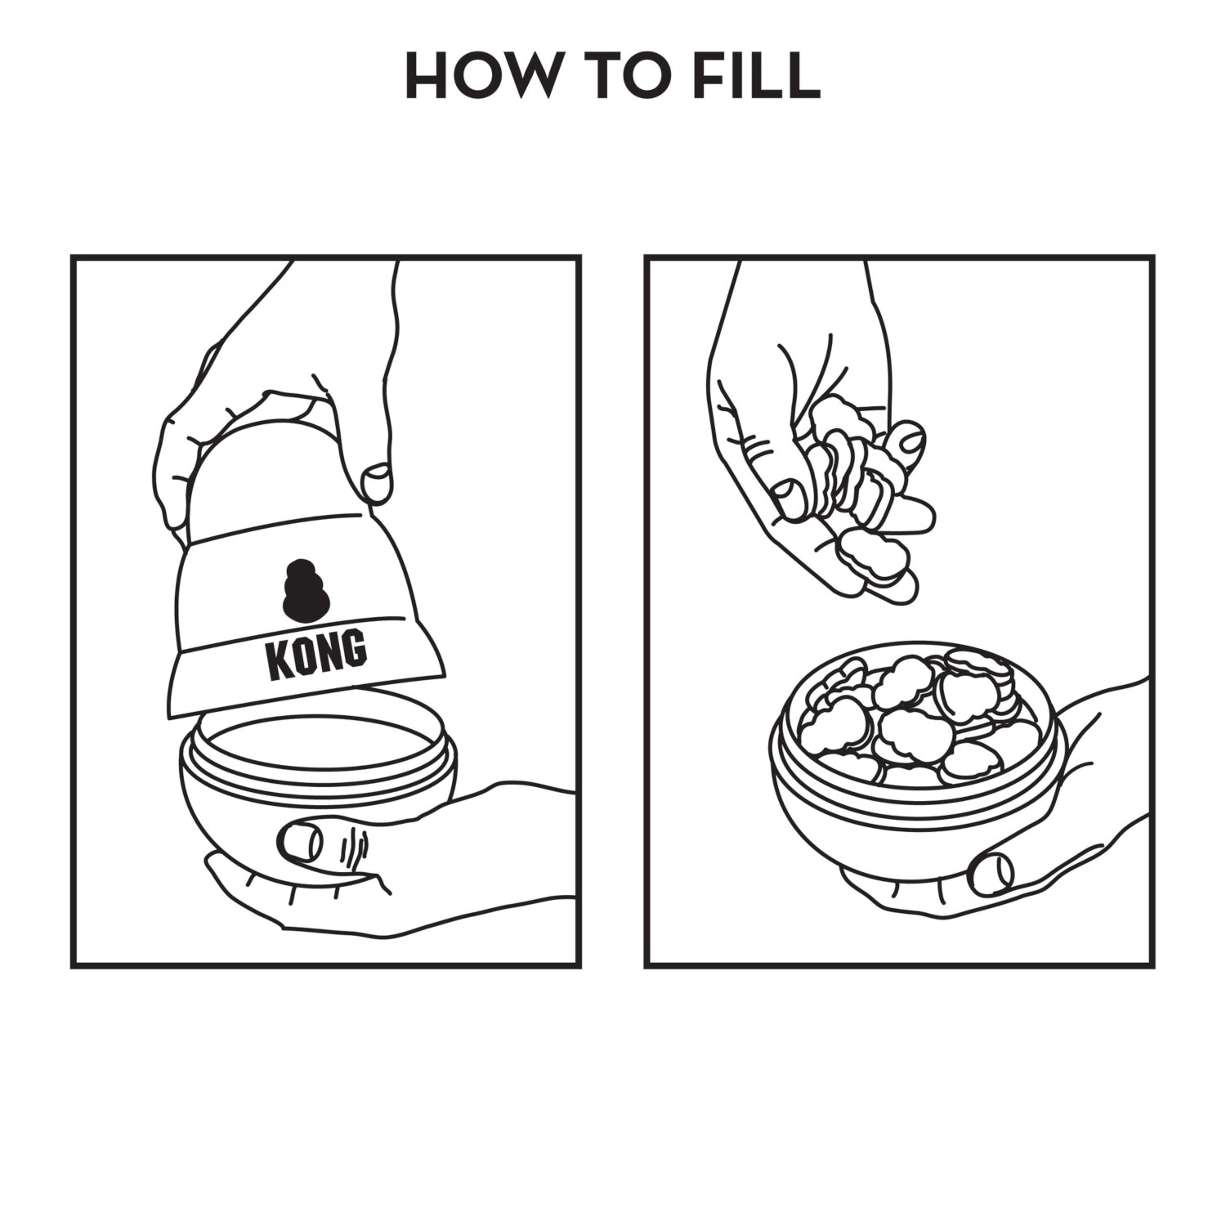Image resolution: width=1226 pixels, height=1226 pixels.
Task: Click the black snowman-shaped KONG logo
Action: tap(306, 589)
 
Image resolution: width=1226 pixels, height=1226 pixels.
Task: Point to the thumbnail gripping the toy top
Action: tap(377, 483)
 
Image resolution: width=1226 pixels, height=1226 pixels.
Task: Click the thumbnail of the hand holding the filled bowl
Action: tap(991, 873)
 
